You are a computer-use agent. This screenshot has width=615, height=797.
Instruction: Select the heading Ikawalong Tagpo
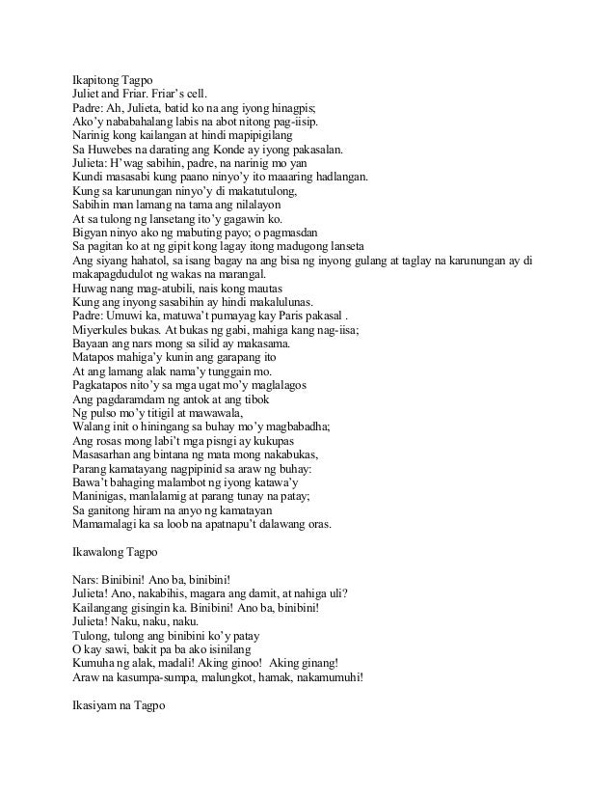(118, 554)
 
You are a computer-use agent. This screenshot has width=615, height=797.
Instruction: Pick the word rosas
(113, 441)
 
